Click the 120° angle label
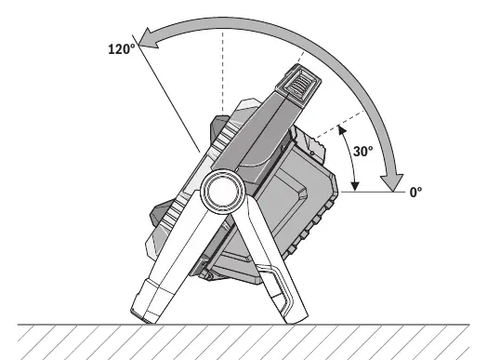pos(122,48)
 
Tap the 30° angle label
pos(362,151)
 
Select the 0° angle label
pos(415,193)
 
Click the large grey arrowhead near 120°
pos(149,39)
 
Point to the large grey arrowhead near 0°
pos(392,183)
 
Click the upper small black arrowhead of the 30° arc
pos(342,130)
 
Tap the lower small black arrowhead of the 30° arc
pos(355,186)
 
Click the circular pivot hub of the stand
pos(223,191)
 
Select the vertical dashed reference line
pos(223,72)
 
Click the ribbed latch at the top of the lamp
pos(298,82)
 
